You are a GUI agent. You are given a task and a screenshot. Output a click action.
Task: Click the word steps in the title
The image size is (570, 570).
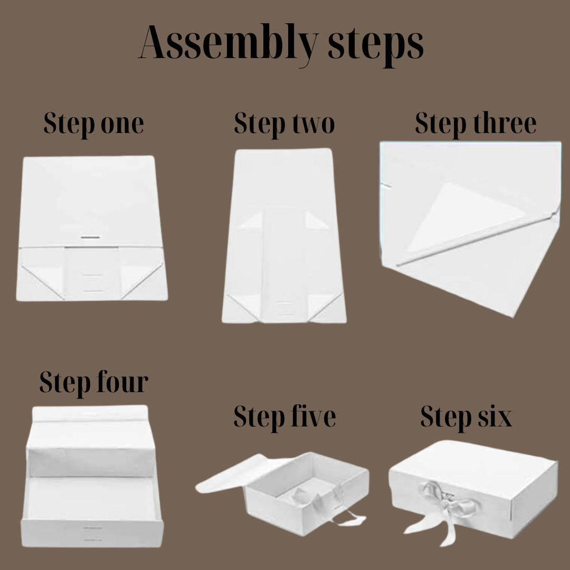[x=376, y=45]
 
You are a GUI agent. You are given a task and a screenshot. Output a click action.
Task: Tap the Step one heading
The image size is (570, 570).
[x=94, y=124]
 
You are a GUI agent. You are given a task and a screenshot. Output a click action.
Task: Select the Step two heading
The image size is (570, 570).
[x=284, y=124]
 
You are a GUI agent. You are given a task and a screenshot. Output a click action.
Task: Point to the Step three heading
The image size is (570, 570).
[x=476, y=124]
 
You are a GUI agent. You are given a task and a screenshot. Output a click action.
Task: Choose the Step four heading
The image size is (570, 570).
[x=94, y=383]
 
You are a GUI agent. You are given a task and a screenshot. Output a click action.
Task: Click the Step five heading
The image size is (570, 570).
[x=284, y=417]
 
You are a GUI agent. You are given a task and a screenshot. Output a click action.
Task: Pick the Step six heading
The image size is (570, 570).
[x=467, y=417]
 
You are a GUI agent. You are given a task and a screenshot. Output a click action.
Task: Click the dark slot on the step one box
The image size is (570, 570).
[x=90, y=237]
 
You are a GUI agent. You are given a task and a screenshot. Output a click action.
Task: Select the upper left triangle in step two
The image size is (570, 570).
[x=251, y=221]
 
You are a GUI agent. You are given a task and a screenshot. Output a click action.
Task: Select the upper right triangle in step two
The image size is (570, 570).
[x=316, y=221]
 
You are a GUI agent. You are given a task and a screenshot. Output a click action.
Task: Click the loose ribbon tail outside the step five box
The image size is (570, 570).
[x=349, y=518]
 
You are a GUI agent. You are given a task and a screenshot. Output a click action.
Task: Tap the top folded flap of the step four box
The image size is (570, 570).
[x=90, y=414]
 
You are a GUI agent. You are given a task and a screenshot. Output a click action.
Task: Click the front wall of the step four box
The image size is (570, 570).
[x=92, y=533]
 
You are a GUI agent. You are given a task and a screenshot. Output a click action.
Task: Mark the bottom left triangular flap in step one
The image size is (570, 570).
[x=42, y=280]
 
